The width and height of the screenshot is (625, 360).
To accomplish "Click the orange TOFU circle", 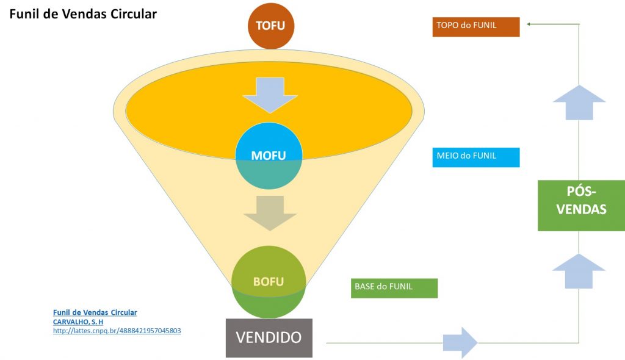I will [x=270, y=26].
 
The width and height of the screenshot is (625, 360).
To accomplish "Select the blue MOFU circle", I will [x=269, y=156].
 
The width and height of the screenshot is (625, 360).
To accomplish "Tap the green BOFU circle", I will [x=269, y=281].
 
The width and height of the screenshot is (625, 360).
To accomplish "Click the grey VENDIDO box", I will [x=269, y=337].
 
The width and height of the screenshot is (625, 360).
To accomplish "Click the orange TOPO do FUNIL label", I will [x=476, y=27].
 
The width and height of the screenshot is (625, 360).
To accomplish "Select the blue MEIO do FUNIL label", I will [x=476, y=157].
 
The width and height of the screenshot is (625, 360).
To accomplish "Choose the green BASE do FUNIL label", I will [x=394, y=288].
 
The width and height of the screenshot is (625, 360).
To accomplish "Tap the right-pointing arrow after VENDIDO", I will [x=460, y=342].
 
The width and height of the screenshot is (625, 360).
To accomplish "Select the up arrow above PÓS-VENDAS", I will [x=579, y=102].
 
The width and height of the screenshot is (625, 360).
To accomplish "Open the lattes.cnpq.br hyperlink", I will [x=117, y=331].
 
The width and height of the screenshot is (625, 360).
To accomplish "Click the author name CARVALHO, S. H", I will [x=78, y=322].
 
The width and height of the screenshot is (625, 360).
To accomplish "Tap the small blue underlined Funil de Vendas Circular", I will [x=95, y=312].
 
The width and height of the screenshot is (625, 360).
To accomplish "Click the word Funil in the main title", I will [x=26, y=13].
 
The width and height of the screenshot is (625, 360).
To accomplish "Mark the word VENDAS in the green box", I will [x=580, y=210].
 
